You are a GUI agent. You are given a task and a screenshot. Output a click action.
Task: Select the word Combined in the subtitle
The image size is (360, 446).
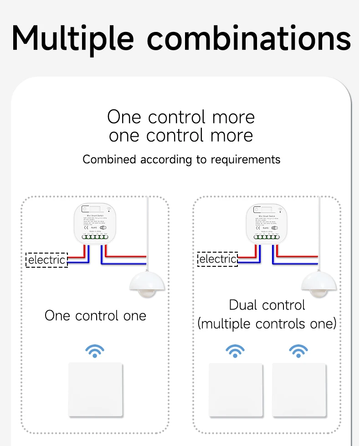click(x=109, y=159)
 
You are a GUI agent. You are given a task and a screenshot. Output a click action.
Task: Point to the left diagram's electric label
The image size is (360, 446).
click(x=47, y=260)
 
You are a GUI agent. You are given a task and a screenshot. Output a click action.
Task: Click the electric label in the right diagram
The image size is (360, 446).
click(x=218, y=259)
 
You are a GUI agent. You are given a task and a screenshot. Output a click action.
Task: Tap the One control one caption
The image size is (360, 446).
click(x=95, y=316)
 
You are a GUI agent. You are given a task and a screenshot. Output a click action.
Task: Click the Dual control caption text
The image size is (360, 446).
click(x=267, y=305)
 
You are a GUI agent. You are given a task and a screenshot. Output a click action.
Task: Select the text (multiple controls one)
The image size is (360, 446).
click(x=267, y=324)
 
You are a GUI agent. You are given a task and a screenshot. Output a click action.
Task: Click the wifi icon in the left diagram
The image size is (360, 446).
click(x=95, y=351)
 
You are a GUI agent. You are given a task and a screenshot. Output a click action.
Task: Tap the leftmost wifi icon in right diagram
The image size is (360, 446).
click(x=236, y=351)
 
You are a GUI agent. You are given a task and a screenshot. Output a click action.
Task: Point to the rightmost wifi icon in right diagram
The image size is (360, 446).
click(x=298, y=351)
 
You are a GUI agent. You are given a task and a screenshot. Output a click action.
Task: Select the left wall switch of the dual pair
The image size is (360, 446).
click(x=236, y=389)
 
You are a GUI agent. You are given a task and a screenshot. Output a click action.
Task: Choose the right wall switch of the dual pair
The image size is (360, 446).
click(x=299, y=389)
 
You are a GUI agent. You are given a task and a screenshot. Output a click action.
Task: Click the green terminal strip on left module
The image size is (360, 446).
click(x=96, y=237)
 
